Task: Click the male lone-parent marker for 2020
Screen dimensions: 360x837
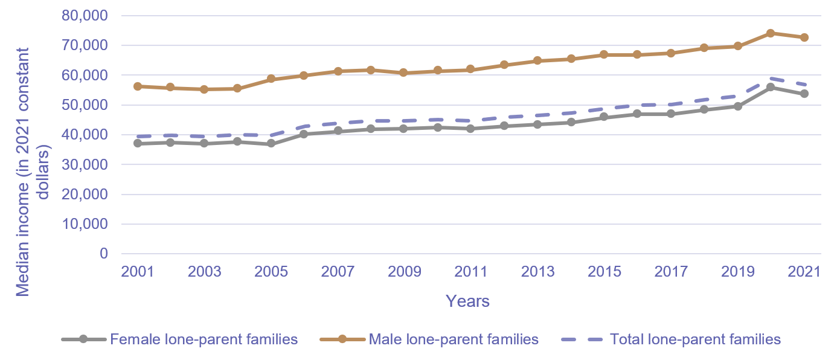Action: tap(771, 33)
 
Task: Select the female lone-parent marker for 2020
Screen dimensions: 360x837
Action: tap(771, 87)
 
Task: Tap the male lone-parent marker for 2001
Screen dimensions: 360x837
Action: tap(138, 86)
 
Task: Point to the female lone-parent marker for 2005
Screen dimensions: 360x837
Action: tap(271, 144)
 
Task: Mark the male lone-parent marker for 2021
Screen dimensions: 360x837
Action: tap(804, 37)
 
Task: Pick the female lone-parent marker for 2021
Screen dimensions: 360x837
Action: tap(804, 94)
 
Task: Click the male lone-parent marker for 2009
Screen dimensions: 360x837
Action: tap(404, 72)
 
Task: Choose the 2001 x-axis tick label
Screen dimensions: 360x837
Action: tap(138, 271)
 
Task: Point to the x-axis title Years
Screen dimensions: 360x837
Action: tap(467, 301)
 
